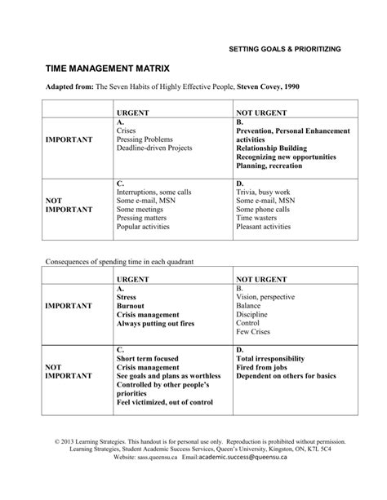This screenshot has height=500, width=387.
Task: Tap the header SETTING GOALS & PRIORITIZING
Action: (284, 50)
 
